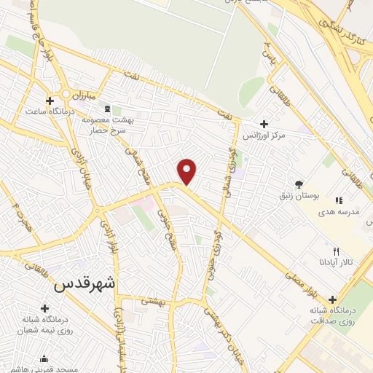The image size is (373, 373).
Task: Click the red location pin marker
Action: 187,170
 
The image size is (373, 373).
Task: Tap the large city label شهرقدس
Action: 86,283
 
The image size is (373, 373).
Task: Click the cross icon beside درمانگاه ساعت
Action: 49,101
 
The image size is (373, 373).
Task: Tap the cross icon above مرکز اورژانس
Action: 263,123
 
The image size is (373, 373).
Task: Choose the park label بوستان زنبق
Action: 299,195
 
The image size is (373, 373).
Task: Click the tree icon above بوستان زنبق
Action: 299,184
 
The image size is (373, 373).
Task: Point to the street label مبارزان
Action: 79,94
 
